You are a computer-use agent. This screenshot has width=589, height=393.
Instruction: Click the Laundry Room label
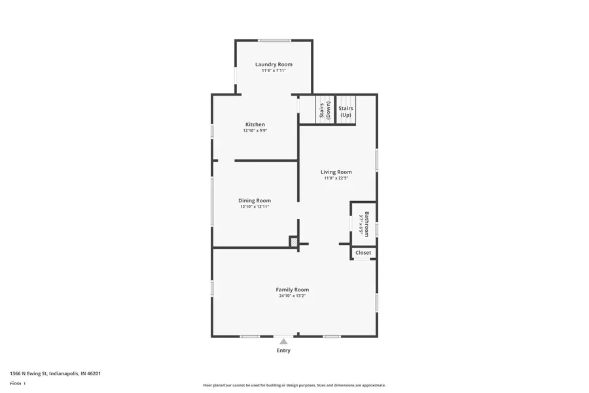(274, 64)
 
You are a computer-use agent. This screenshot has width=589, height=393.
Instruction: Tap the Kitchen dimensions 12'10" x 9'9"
(255, 130)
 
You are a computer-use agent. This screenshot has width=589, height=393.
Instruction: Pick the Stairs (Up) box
(346, 111)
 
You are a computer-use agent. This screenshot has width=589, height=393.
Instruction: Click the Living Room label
(336, 172)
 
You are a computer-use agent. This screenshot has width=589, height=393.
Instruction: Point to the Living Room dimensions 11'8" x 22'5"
(336, 178)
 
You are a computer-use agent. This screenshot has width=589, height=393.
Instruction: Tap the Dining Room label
(255, 200)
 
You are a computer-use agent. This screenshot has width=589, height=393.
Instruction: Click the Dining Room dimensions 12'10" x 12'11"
(255, 207)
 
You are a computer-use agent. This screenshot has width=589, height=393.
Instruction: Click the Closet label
(363, 253)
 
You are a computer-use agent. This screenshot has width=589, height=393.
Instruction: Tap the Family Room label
(293, 290)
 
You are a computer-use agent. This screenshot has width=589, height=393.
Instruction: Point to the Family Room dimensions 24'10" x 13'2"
(293, 296)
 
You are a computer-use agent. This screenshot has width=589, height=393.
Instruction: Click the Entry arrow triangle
(283, 341)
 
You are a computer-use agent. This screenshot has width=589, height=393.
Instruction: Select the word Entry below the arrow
(283, 350)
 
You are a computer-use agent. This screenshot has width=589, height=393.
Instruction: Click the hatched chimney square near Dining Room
(294, 242)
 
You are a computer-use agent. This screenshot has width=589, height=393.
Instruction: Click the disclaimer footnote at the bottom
(294, 385)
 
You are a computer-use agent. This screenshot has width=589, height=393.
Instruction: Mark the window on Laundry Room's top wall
(274, 41)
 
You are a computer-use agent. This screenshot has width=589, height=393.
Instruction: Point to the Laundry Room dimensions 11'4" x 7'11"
(274, 71)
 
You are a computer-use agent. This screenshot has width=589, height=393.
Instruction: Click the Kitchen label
(255, 124)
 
